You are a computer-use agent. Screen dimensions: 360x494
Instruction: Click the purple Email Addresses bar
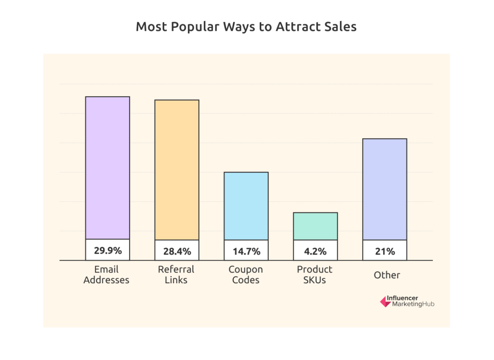[x=107, y=167]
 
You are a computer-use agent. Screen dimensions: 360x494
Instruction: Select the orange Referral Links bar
[x=177, y=170]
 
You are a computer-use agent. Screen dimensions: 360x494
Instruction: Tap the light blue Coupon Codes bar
[x=246, y=206]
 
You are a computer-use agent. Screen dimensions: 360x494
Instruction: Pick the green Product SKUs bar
[x=315, y=226]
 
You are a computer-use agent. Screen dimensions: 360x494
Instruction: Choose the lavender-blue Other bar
[x=385, y=189]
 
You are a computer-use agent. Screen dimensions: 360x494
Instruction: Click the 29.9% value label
[x=107, y=250]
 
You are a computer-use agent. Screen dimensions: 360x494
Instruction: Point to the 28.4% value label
[x=177, y=251]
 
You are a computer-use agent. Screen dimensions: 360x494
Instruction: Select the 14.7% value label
[x=246, y=251]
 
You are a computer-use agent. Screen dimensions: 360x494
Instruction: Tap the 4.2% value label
[x=315, y=251]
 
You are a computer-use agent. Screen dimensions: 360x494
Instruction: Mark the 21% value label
[x=385, y=251]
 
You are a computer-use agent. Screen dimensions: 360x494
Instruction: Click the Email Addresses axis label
[x=106, y=275]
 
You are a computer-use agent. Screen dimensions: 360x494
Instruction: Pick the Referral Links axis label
[x=176, y=275]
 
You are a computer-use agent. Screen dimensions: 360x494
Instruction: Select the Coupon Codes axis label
[x=246, y=275]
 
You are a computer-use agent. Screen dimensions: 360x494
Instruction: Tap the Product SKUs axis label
[x=315, y=275]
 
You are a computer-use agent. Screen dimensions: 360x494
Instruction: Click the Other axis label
[x=387, y=275]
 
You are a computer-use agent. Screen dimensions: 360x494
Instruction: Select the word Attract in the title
[x=296, y=26]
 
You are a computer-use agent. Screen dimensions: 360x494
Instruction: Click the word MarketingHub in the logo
[x=413, y=304]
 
